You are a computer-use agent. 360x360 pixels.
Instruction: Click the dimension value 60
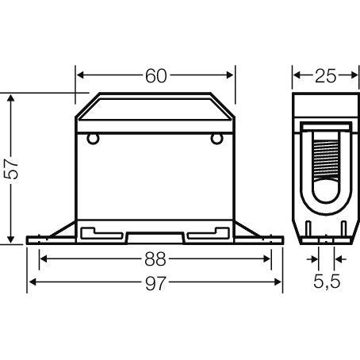(x=155, y=76)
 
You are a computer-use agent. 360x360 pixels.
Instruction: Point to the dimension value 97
(x=155, y=283)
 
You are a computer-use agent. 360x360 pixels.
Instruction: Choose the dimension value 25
(x=324, y=76)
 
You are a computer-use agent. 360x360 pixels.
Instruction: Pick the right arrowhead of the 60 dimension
(x=231, y=76)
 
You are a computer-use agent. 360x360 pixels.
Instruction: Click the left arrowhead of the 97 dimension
(x=33, y=283)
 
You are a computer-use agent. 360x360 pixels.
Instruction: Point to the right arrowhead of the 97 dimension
(x=280, y=283)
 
